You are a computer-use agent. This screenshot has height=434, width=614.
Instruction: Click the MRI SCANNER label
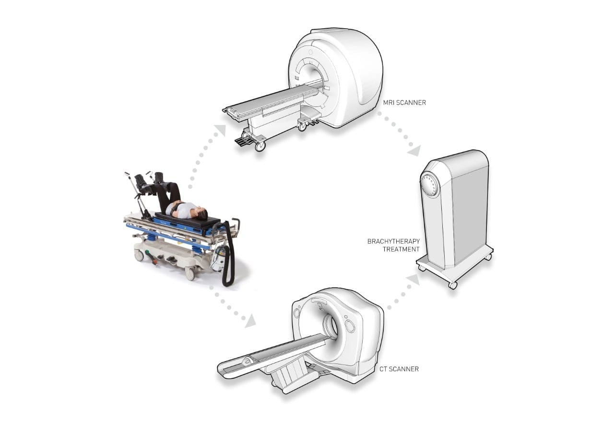coord(404,103)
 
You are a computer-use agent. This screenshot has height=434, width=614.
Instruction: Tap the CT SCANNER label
coord(399,369)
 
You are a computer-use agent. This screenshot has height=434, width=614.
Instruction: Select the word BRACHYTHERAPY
coord(393,241)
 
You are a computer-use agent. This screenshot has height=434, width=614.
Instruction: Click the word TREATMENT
coord(401,249)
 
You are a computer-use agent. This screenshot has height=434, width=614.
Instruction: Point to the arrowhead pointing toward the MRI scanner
coord(221,130)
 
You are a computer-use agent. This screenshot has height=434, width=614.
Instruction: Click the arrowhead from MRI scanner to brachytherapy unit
coord(414,151)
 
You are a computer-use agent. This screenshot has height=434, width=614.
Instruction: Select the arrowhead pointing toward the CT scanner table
coord(250,322)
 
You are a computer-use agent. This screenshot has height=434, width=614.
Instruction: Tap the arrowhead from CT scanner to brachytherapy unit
coord(413,281)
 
